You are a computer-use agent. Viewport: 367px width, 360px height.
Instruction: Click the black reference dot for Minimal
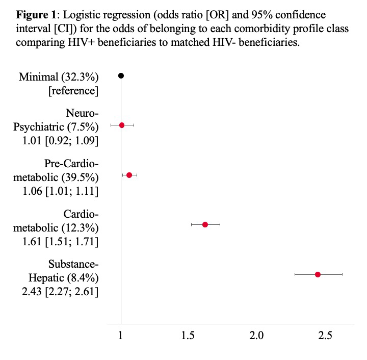pos(121,75)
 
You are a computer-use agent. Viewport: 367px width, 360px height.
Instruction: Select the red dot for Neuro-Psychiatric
pos(122,125)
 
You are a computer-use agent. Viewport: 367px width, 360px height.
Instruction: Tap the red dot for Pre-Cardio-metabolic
pos(129,175)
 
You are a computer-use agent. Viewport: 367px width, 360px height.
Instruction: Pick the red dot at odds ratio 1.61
pos(205,225)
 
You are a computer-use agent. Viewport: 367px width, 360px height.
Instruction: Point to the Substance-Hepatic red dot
pos(318,274)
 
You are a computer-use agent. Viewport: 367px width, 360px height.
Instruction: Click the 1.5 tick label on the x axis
pos(188,336)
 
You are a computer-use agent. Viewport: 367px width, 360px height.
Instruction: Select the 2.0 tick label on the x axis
pos(256,336)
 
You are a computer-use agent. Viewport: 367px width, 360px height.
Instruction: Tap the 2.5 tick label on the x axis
pos(325,336)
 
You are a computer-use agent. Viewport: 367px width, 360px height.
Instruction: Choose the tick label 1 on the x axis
pos(120,336)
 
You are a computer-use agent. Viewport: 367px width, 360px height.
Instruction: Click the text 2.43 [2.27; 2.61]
pos(60,292)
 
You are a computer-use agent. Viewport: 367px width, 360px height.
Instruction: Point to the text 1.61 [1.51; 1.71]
pos(60,242)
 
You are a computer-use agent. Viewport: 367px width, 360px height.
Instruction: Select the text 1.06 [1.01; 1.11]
pos(60,191)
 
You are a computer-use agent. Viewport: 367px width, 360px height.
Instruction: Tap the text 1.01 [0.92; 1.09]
pos(60,141)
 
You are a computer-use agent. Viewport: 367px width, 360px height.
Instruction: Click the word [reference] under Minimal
pos(73,91)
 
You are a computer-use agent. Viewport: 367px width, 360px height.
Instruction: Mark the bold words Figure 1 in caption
pos(36,15)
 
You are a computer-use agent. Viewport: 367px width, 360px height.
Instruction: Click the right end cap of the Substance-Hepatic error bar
pos(342,274)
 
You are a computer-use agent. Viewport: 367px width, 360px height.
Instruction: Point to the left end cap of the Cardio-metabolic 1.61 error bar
pos(191,225)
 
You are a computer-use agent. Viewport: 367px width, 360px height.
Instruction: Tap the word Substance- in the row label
pos(73,264)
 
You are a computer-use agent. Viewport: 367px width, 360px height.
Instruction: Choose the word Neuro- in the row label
pos(82,113)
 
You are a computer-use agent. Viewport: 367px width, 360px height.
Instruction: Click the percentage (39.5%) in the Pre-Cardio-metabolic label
pos(80,177)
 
